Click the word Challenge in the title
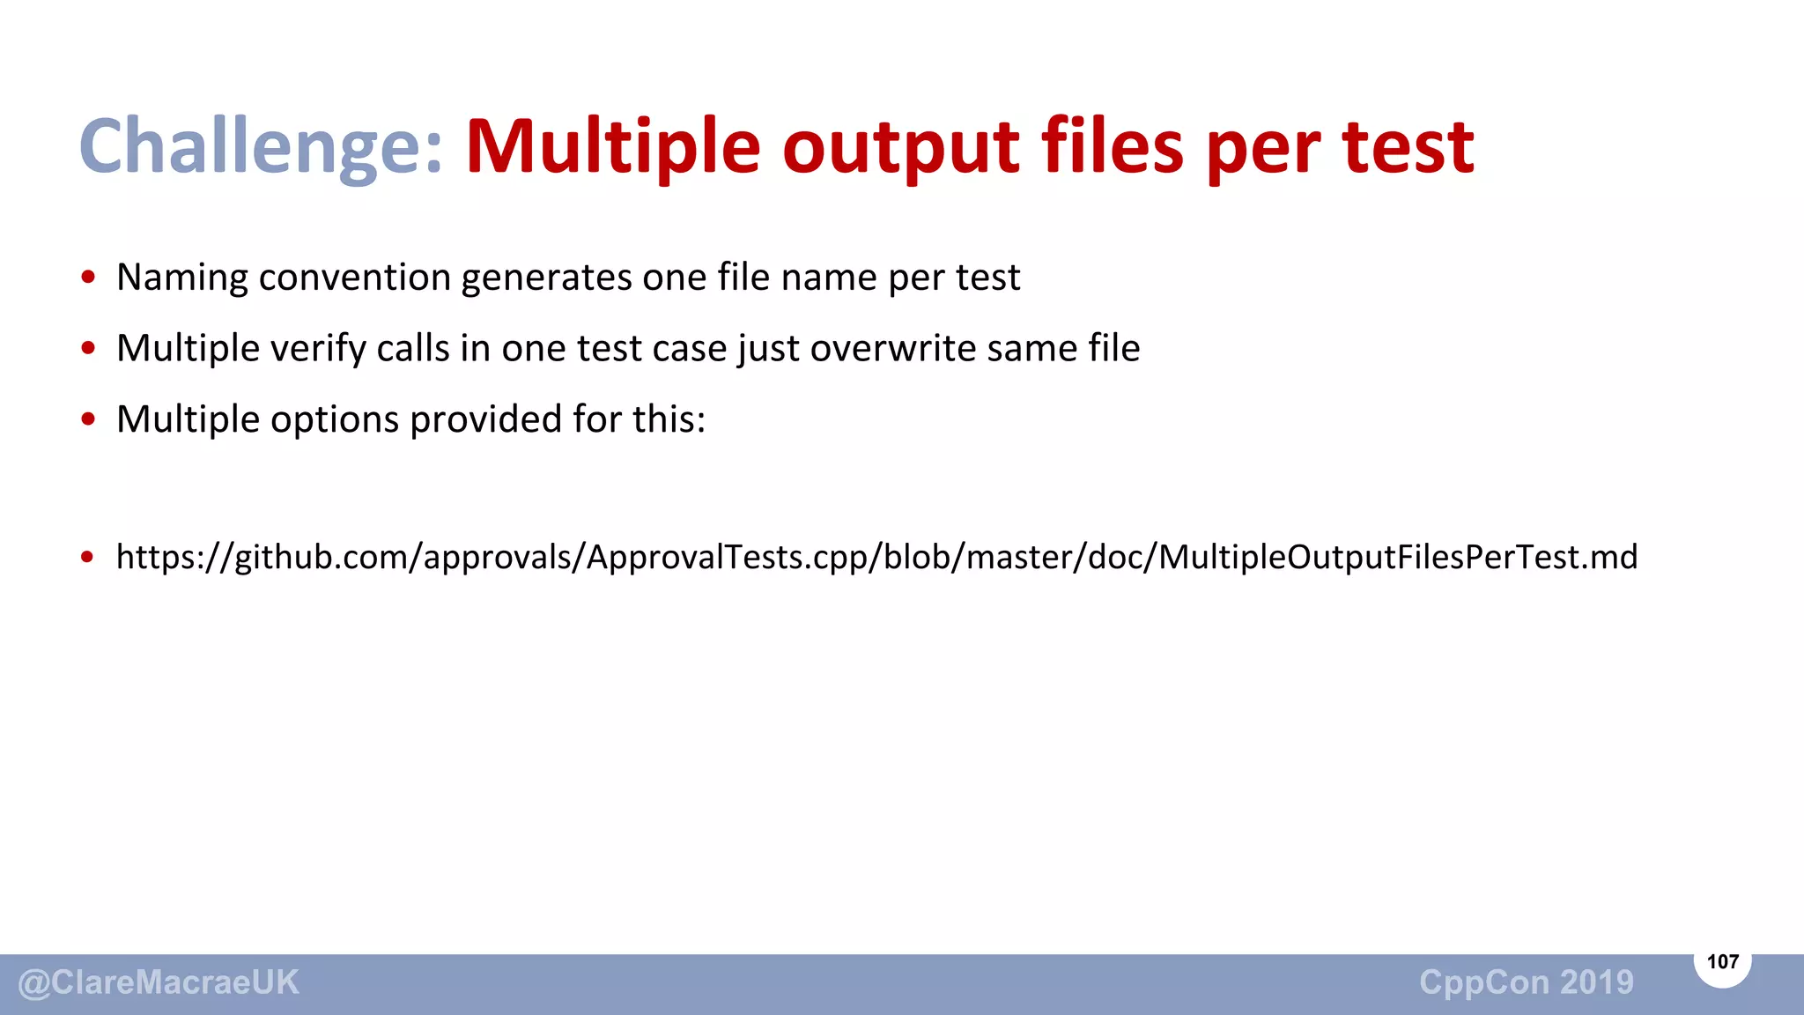(260, 147)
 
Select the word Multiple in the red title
(612, 147)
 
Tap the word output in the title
(900, 147)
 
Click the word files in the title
(1113, 147)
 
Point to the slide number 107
(1722, 961)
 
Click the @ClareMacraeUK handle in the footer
(159, 982)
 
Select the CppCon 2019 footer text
(1526, 982)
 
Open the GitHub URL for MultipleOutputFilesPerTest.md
(876, 557)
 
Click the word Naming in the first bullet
(182, 278)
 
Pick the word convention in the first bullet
(354, 278)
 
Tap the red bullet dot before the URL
(87, 557)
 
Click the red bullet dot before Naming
(87, 278)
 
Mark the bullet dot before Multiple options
(87, 419)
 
